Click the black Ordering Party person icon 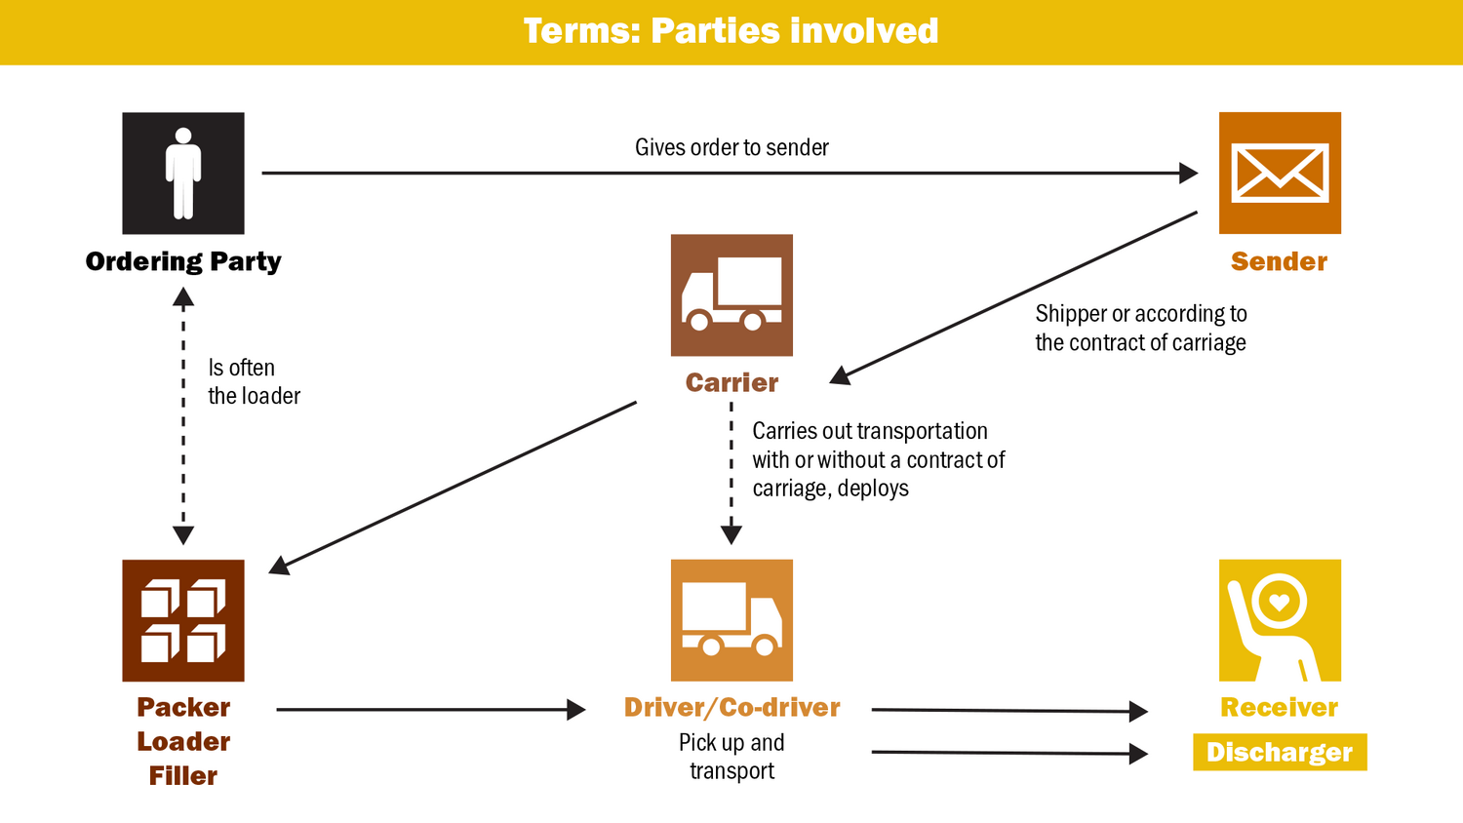click(x=183, y=173)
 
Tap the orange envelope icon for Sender click(x=1280, y=173)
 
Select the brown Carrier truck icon click(x=731, y=294)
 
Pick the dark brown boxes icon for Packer click(x=183, y=620)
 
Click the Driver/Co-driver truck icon click(x=731, y=620)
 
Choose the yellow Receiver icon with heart click(x=1280, y=620)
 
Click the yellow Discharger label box click(x=1280, y=752)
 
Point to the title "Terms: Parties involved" click(x=731, y=31)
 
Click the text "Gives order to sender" click(x=731, y=147)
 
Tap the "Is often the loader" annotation click(x=254, y=381)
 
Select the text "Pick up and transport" click(x=731, y=756)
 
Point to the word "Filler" click(x=183, y=775)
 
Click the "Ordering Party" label click(x=183, y=261)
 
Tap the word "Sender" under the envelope click(x=1279, y=261)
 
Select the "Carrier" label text click(x=731, y=382)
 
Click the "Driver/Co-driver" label click(x=731, y=707)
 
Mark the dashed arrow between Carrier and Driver click(x=731, y=468)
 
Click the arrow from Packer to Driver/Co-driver click(x=429, y=710)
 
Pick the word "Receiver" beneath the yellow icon click(x=1279, y=707)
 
